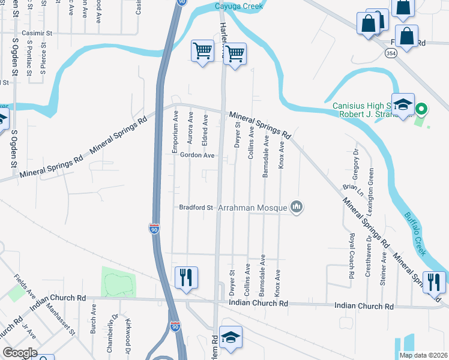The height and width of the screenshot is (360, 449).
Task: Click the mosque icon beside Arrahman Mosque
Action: (296, 207)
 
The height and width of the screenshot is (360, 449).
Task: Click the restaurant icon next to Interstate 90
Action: (185, 277)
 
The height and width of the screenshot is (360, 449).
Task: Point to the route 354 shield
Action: (391, 54)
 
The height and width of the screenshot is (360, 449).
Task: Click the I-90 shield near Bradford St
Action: (154, 228)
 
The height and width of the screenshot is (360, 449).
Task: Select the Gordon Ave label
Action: (197, 155)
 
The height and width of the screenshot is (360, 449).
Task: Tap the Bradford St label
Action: (196, 208)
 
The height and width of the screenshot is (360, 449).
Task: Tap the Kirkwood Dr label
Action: (128, 329)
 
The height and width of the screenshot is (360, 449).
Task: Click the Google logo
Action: (19, 353)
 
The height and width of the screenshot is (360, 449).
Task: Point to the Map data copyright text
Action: (423, 355)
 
